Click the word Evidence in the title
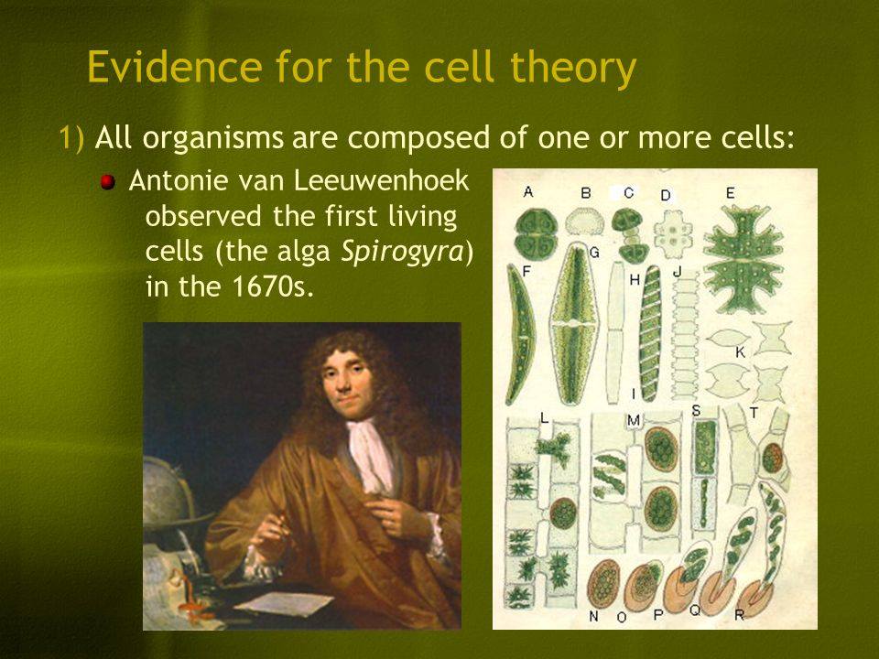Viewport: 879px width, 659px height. tap(174, 66)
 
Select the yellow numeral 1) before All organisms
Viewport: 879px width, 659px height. tap(72, 137)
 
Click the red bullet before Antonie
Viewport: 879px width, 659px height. tap(108, 181)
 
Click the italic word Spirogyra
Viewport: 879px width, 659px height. tap(403, 253)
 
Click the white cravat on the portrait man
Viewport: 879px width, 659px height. tap(370, 456)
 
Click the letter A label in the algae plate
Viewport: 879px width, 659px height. tap(528, 192)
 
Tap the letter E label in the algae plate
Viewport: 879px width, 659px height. tap(730, 193)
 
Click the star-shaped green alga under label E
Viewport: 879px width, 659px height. tap(743, 259)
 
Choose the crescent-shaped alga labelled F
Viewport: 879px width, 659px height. tap(520, 334)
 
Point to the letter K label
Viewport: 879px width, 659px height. tap(741, 352)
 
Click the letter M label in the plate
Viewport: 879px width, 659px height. tap(634, 420)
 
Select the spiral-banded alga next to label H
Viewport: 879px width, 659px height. tap(650, 332)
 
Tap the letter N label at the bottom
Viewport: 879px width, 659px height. tap(593, 616)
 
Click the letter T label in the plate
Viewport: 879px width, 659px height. tap(754, 413)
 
